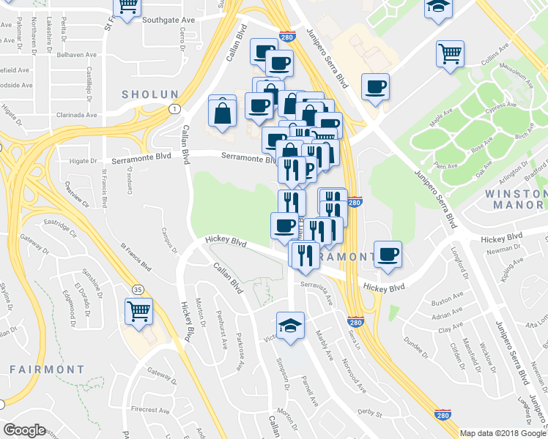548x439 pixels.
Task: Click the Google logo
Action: tap(25, 430)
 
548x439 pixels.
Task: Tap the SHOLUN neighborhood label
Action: tap(150, 94)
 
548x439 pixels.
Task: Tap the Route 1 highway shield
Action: tap(174, 109)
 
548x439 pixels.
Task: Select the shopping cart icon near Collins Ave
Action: tap(450, 53)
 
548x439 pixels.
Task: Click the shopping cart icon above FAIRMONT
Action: tap(138, 310)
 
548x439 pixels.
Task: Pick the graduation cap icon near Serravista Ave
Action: tap(290, 324)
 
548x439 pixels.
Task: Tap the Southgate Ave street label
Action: tap(169, 20)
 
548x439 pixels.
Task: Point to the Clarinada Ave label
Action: tap(75, 115)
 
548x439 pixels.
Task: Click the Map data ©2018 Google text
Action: tap(503, 433)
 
